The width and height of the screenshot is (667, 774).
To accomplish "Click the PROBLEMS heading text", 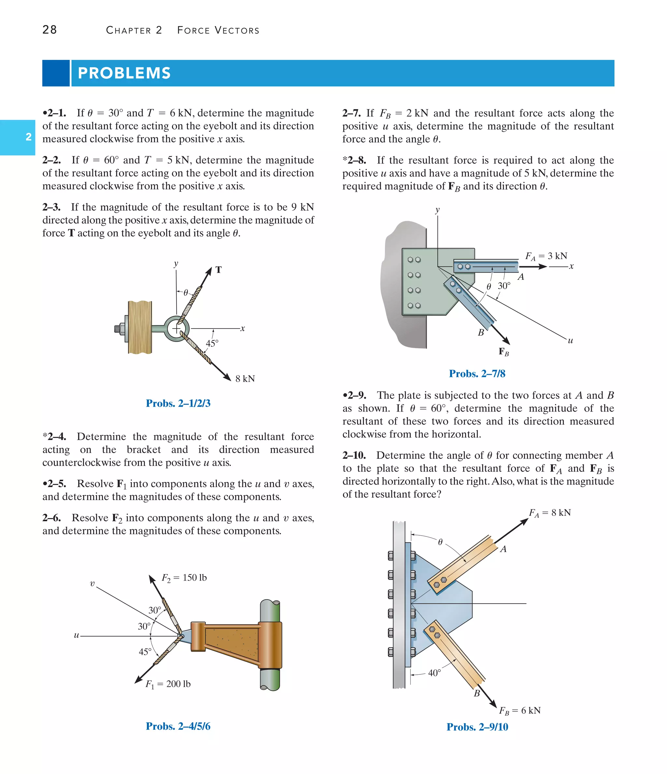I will click(124, 73).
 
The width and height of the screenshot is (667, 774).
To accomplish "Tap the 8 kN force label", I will click(245, 379).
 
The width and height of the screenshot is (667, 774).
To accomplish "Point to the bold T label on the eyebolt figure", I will click(219, 270).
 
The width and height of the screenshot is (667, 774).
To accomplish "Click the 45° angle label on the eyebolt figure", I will click(212, 343).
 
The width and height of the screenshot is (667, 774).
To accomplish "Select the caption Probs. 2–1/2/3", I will click(178, 403).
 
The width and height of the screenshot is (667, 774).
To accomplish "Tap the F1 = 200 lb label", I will click(168, 684).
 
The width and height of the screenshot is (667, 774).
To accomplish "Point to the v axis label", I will click(92, 584).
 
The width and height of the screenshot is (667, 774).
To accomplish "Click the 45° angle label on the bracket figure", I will click(145, 652).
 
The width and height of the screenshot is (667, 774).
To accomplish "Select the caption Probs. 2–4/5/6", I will click(178, 726).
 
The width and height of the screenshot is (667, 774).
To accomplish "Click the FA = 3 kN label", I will click(546, 256).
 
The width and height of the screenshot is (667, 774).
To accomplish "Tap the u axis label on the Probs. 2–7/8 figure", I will click(570, 340).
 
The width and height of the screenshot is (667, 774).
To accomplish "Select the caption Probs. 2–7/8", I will click(477, 373).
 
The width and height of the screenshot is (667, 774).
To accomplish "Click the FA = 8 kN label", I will click(550, 513).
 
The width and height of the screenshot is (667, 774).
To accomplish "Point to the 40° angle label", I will click(434, 673).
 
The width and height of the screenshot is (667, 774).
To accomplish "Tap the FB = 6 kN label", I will click(520, 711).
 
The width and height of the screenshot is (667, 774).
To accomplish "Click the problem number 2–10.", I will click(354, 455).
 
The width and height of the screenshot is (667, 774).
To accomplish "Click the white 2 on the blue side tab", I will click(28, 137).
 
